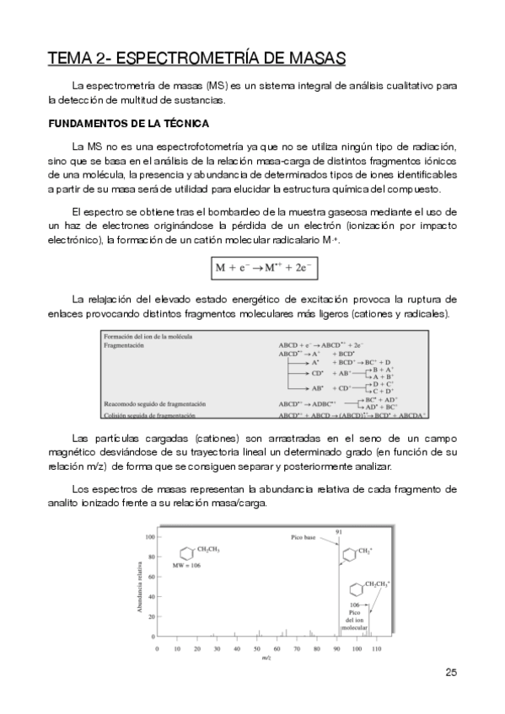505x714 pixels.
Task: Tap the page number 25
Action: pyautogui.click(x=450, y=671)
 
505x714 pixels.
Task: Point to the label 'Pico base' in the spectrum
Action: pyautogui.click(x=304, y=535)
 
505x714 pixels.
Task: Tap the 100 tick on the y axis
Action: pyautogui.click(x=148, y=536)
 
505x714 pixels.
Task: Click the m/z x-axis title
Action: pyautogui.click(x=266, y=658)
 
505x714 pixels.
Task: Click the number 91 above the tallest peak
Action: pyautogui.click(x=339, y=531)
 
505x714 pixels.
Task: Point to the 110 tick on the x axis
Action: pyautogui.click(x=376, y=649)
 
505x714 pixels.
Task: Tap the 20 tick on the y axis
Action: pyautogui.click(x=150, y=615)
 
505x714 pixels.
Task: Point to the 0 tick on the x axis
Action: pyautogui.click(x=157, y=649)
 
